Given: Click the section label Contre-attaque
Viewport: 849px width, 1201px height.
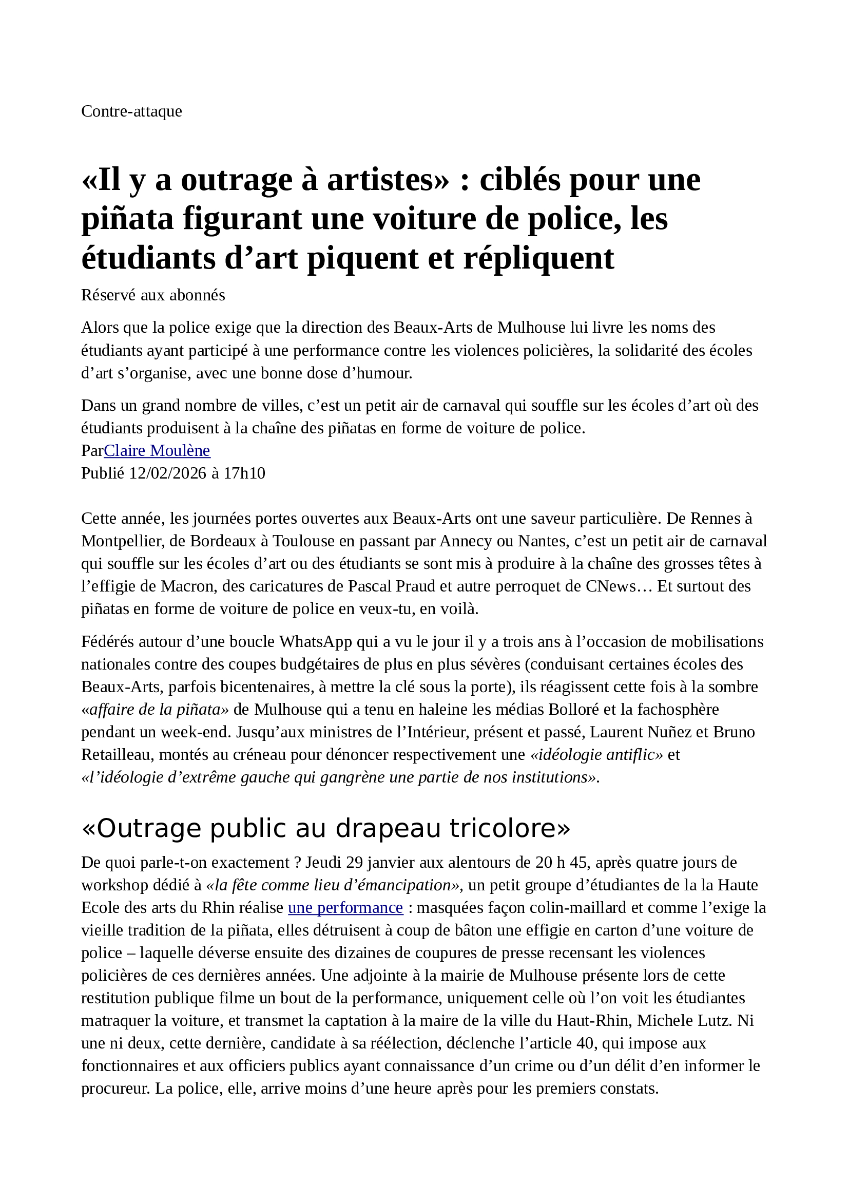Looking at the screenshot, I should [131, 111].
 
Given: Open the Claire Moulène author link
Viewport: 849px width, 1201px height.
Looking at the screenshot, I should [157, 450].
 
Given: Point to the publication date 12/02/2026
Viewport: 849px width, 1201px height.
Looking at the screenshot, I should [168, 473].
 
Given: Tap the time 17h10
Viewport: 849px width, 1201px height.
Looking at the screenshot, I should [244, 473].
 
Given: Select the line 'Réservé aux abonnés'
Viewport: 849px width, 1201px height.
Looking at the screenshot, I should [152, 295].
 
